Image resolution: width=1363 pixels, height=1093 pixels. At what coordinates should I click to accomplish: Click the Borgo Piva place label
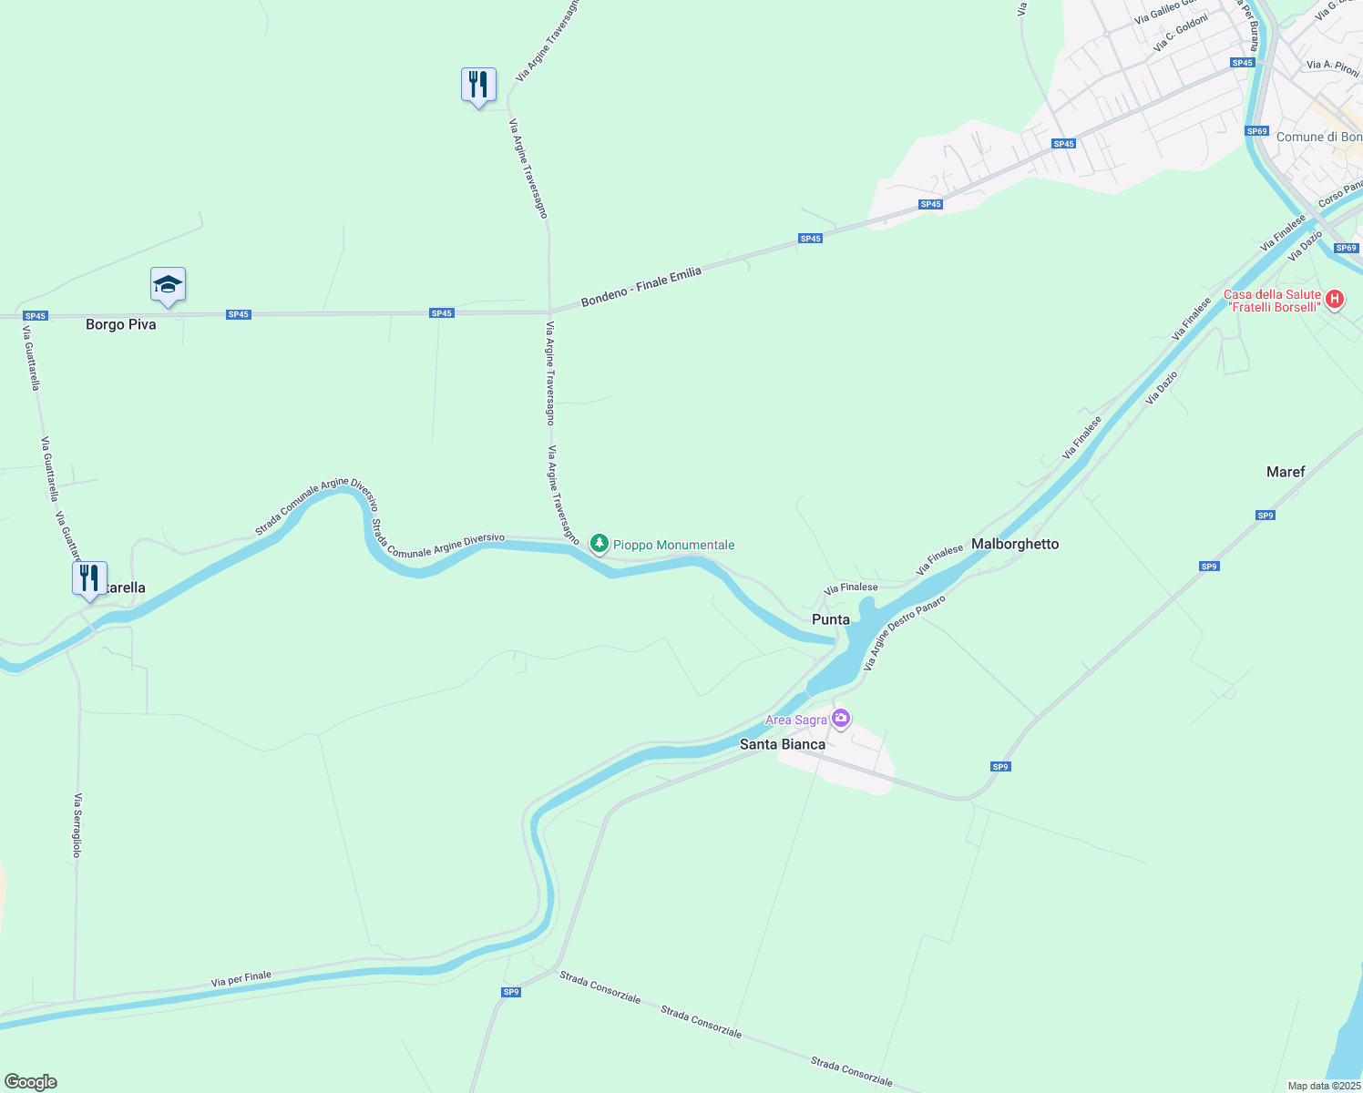tap(120, 324)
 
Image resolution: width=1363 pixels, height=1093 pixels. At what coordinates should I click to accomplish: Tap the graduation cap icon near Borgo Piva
tap(168, 285)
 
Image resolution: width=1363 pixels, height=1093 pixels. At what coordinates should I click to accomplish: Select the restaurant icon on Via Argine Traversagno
tap(478, 85)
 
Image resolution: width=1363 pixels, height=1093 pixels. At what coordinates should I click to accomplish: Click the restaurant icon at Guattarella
tap(89, 578)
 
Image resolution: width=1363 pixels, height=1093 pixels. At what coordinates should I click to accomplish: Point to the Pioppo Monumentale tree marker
tap(599, 544)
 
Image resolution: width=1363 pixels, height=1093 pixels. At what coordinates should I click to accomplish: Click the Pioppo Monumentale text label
tap(673, 545)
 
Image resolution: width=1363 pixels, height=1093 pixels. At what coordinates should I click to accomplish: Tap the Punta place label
tap(830, 619)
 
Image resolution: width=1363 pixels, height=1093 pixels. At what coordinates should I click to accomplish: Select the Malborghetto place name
tap(1015, 544)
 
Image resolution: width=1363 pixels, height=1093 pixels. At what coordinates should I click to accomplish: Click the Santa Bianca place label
tap(782, 744)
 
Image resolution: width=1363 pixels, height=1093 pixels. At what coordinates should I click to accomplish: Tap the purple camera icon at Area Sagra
tap(841, 719)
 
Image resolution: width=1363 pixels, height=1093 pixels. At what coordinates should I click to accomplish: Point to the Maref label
tap(1285, 472)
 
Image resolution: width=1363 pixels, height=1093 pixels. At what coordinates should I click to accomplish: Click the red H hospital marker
tap(1335, 299)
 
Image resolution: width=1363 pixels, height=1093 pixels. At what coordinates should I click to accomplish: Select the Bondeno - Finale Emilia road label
tap(641, 286)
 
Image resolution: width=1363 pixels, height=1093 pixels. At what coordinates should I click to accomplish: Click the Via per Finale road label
tap(241, 979)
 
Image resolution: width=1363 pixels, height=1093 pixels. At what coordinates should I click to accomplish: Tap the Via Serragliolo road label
tap(77, 825)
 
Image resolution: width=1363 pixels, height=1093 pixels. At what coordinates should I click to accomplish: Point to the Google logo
tap(30, 1082)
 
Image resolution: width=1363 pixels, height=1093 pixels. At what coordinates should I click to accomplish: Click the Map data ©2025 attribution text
tap(1323, 1086)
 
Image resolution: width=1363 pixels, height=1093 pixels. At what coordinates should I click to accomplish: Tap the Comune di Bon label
tap(1318, 138)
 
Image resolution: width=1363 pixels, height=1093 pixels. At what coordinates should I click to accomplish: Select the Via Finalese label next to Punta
tap(851, 587)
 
